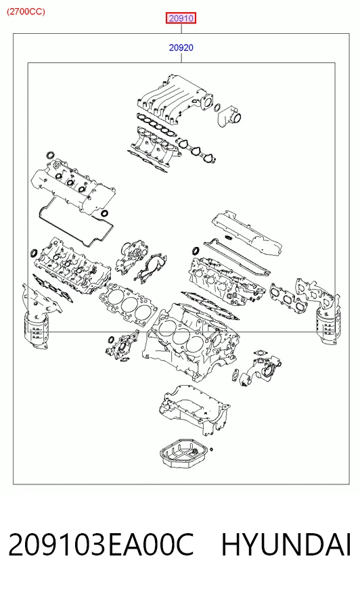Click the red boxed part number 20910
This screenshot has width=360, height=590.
click(x=181, y=18)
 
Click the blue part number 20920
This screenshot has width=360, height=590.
click(x=181, y=47)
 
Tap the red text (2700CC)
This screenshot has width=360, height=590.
click(x=26, y=12)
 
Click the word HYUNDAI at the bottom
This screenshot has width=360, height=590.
click(x=286, y=545)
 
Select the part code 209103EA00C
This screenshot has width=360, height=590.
click(x=101, y=545)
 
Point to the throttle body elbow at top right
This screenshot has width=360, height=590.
click(x=229, y=116)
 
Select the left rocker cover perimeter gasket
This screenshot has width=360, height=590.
click(x=75, y=226)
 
